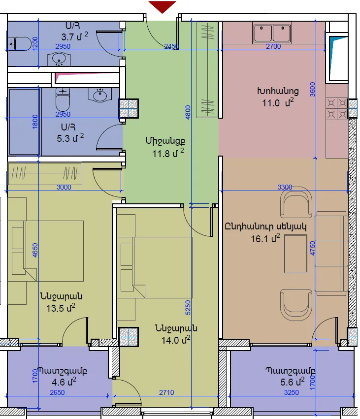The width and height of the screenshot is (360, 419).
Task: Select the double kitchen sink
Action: click(272, 33)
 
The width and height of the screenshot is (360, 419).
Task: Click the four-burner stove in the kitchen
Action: click(337, 108)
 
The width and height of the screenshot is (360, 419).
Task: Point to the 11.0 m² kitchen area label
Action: click(278, 102)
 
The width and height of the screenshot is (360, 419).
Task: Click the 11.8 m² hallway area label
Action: click(168, 153)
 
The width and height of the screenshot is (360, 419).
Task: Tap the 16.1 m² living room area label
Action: click(265, 238)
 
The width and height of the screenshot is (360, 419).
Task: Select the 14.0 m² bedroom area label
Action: click(176, 340)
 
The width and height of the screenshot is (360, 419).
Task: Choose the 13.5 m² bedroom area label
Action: click(61, 308)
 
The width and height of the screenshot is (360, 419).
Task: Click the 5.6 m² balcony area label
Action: click(293, 382)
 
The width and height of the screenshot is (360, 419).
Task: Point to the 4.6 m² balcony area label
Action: click(64, 382)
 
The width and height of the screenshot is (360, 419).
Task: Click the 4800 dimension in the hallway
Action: click(188, 112)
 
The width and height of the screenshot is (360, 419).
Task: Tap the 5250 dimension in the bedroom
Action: click(188, 308)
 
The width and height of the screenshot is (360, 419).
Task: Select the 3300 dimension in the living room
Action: click(285, 187)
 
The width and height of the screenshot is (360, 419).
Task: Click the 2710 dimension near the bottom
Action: click(166, 392)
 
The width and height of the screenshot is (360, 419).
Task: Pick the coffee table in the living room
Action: click(295, 254)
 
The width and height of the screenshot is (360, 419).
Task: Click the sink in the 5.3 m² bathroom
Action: click(100, 95)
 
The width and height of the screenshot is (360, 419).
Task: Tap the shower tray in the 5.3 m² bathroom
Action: click(24, 122)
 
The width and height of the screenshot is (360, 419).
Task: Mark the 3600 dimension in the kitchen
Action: click(312, 89)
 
